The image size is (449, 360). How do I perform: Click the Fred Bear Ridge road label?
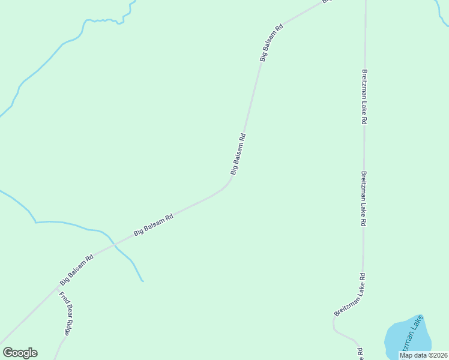65,314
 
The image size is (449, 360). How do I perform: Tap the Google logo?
20,353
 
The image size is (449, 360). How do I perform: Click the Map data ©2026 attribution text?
423,355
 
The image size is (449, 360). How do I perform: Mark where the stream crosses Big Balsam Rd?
114,244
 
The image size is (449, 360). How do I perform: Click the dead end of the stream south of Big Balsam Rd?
142,280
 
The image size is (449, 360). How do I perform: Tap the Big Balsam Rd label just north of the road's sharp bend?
238,154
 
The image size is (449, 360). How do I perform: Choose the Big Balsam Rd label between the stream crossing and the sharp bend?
153,224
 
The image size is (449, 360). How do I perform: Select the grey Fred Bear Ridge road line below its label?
59,347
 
